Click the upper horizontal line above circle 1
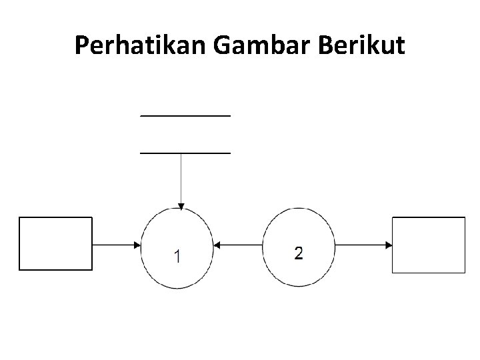(x=185, y=115)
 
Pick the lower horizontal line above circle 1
(x=185, y=153)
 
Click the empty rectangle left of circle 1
(x=55, y=243)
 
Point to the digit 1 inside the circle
(x=177, y=255)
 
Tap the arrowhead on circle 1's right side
(x=217, y=245)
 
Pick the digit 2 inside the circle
(x=298, y=253)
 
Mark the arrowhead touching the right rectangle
(x=389, y=245)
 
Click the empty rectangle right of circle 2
(x=428, y=245)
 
